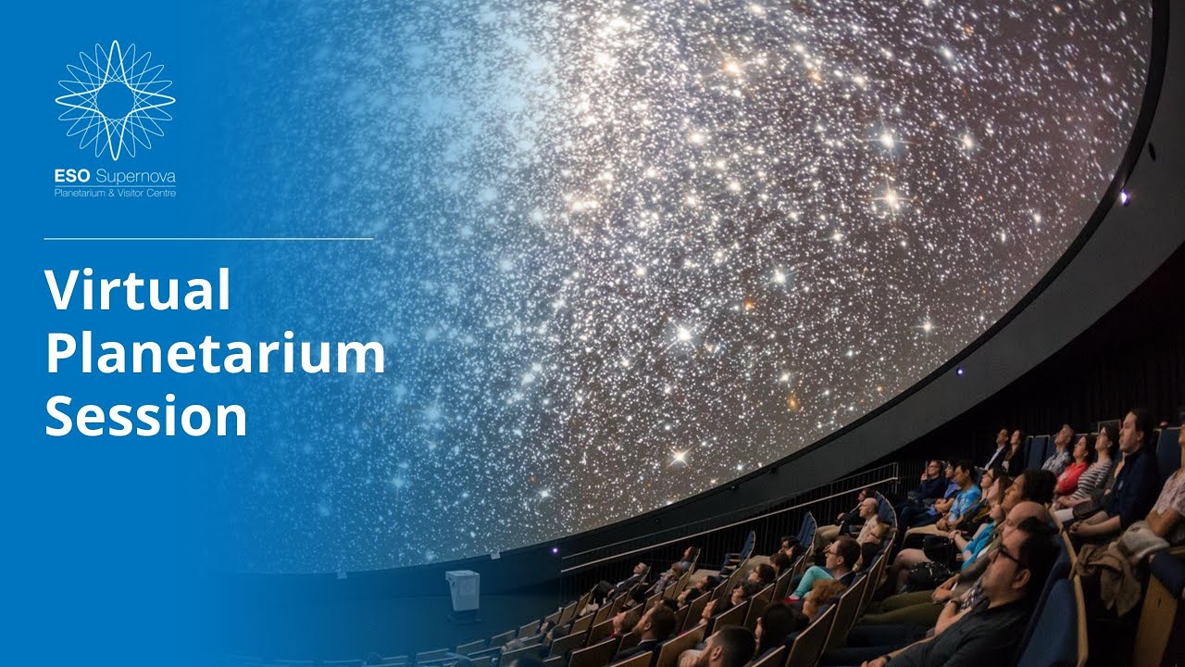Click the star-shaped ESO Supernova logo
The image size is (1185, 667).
tap(115, 99)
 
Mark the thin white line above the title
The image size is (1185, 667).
tap(208, 238)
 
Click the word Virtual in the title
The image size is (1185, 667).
tap(137, 291)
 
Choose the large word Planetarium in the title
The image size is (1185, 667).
tap(215, 354)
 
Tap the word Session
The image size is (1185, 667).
tap(145, 416)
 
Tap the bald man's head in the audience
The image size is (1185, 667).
tap(867, 508)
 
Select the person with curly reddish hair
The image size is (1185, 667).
tap(820, 593)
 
